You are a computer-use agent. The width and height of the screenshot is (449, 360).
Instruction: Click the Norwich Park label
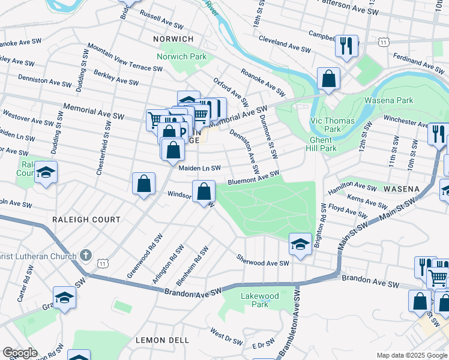point(181,56)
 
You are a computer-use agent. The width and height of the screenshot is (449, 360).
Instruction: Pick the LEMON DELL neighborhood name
point(162,340)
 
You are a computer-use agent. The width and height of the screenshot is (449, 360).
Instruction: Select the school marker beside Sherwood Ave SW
point(300,244)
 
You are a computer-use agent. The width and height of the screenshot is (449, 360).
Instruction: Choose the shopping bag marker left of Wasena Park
point(328,78)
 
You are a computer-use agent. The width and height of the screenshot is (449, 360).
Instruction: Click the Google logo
point(19,353)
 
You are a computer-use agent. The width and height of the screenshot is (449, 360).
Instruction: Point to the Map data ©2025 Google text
point(412,355)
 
